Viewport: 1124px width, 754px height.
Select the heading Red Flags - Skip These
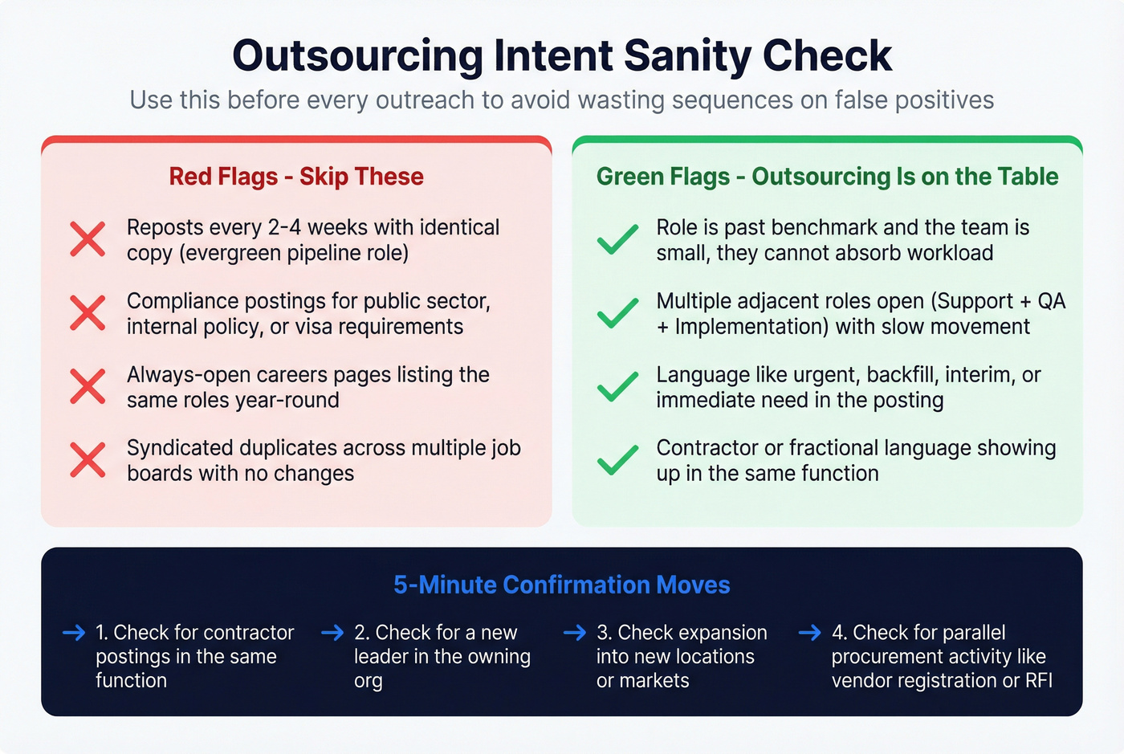(296, 177)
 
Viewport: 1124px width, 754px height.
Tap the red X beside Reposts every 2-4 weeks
(88, 239)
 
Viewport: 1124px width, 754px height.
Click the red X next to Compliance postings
(88, 313)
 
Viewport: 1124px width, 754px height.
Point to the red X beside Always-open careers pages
(88, 387)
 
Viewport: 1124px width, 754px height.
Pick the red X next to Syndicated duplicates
(88, 460)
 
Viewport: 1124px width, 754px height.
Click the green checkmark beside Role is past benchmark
(618, 239)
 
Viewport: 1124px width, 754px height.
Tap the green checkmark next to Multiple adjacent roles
(618, 313)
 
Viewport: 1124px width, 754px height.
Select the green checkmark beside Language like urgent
(618, 387)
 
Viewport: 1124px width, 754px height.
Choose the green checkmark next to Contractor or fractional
(618, 460)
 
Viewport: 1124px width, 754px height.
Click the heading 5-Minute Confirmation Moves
(562, 585)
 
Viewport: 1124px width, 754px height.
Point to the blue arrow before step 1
(74, 633)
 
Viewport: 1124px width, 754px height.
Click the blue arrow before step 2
(332, 633)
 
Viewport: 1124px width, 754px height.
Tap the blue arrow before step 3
(575, 633)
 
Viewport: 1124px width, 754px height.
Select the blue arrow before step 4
(810, 633)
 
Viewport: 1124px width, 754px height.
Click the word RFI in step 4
(1039, 681)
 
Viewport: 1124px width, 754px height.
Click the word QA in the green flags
(1051, 301)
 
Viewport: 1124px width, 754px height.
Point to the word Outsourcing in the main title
(358, 56)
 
